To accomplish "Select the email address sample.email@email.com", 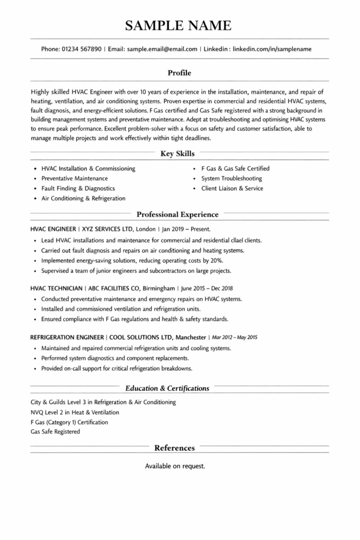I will (x=162, y=49).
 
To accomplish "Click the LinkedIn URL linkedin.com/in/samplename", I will (x=272, y=49).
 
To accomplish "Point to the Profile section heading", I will (x=179, y=73).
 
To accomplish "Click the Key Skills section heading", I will (x=178, y=154).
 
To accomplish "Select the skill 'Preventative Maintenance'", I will (x=74, y=178).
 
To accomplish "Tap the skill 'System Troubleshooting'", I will (x=231, y=178).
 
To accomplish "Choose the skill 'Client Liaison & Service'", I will (x=232, y=188).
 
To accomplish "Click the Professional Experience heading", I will (x=177, y=215).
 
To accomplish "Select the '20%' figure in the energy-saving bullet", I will (x=216, y=261).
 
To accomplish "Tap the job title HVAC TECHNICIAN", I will (x=56, y=288).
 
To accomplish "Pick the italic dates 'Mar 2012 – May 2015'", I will (x=235, y=337).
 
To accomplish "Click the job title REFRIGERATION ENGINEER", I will (x=68, y=337).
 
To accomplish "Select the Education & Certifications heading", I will (x=167, y=389).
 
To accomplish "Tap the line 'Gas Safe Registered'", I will (x=55, y=432).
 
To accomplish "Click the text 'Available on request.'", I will (x=175, y=466).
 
